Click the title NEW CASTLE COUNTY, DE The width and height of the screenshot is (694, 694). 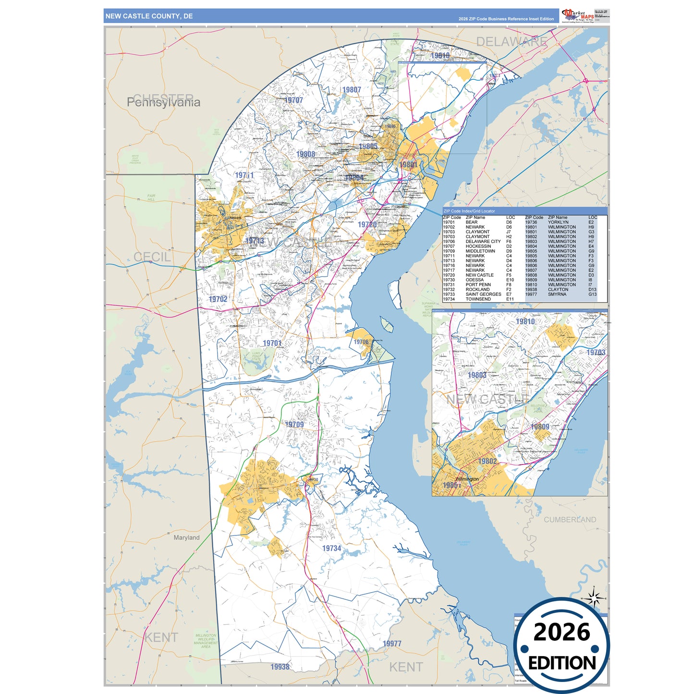point(149,16)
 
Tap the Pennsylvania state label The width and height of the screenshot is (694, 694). point(163,102)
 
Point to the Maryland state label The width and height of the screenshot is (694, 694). point(186,537)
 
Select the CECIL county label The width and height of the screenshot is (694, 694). point(152,257)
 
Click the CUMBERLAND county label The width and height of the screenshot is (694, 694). point(570,520)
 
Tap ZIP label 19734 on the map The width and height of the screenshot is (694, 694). point(331,548)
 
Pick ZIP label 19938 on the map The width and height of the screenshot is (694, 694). point(280,667)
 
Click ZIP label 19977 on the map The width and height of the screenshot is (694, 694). point(392,644)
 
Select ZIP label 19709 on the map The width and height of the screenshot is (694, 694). point(294,425)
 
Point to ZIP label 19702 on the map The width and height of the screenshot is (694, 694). point(218,299)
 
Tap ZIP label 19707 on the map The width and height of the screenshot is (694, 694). point(293,100)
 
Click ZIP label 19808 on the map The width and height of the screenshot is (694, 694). point(306,154)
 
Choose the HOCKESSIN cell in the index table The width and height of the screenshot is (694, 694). point(478,246)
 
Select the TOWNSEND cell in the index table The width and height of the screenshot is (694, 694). point(478,299)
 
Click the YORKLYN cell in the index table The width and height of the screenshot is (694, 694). point(558,222)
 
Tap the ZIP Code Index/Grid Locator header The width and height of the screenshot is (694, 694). point(469,211)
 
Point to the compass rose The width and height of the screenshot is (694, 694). point(594,598)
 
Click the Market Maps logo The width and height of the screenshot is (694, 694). point(578,15)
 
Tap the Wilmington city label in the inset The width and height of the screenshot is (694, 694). point(467,479)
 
